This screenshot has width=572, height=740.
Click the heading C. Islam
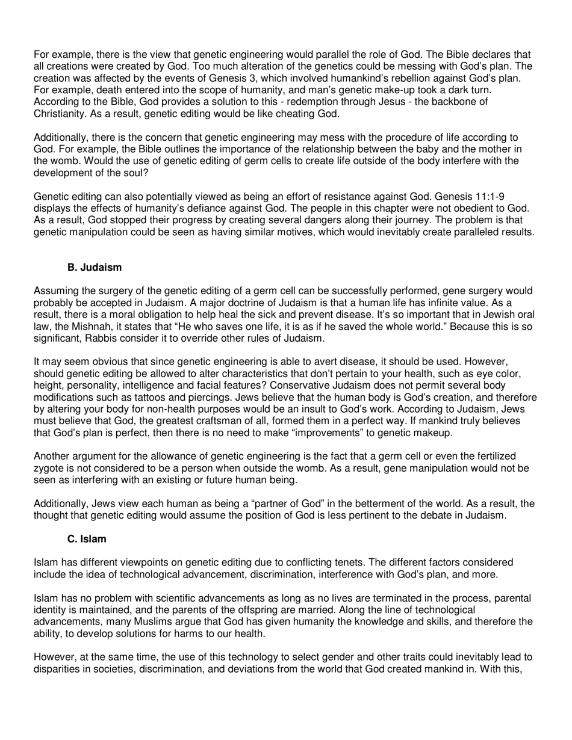pyautogui.click(x=87, y=539)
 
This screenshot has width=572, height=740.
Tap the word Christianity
pyautogui.click(x=61, y=113)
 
